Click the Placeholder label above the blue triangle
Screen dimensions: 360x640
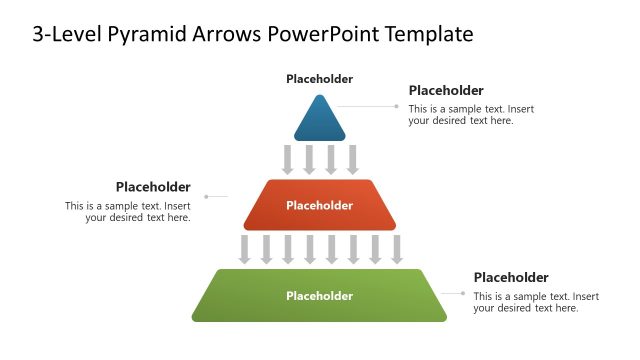(x=319, y=79)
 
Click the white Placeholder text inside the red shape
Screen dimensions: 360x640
(x=319, y=206)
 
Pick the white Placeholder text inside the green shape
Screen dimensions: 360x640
(x=319, y=296)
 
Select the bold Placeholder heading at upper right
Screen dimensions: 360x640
(x=446, y=90)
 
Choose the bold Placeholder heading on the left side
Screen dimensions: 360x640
(x=153, y=186)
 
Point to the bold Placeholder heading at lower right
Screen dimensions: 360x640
(x=511, y=277)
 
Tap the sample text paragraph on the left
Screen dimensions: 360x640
(x=128, y=212)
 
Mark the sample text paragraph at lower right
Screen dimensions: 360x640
(x=536, y=302)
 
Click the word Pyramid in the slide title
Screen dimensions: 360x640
(x=147, y=34)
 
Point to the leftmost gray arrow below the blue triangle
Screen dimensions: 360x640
(x=288, y=159)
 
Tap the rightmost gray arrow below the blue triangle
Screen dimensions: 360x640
(x=353, y=159)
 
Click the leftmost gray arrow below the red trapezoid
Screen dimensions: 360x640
(x=244, y=249)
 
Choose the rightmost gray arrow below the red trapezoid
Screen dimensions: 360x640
(x=397, y=249)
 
